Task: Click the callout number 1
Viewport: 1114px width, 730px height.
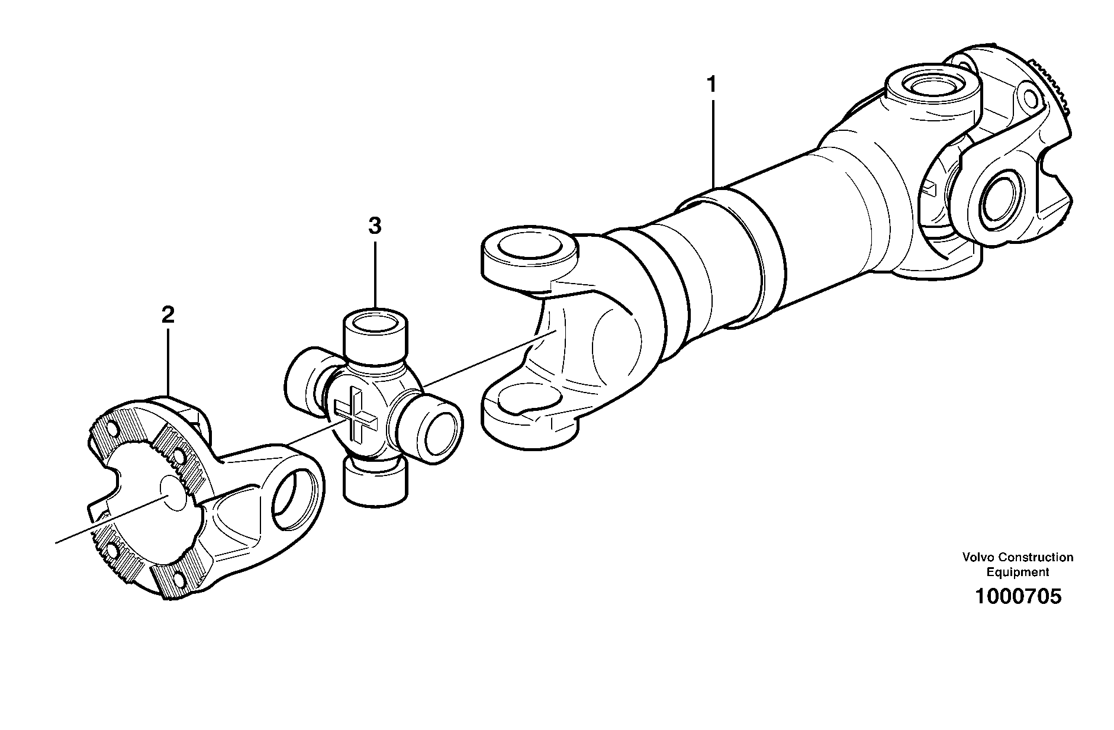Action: (x=712, y=85)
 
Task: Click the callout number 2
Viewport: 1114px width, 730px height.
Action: (x=168, y=314)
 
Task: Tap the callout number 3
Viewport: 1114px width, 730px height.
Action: (x=374, y=226)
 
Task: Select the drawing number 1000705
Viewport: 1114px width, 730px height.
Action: (x=1018, y=596)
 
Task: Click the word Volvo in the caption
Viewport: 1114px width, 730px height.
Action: (x=978, y=557)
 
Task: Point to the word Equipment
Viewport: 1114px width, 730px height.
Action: (x=1017, y=572)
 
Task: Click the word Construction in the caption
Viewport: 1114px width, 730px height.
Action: (x=1036, y=557)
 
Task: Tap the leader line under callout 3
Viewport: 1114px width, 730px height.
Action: (x=375, y=272)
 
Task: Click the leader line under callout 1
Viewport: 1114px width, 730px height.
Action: (x=713, y=142)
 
